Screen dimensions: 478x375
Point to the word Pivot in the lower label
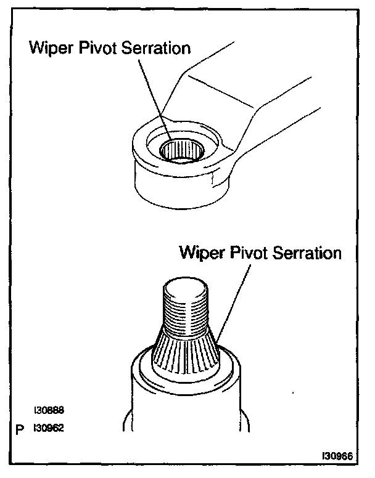[x=253, y=253]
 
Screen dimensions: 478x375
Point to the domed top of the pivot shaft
[x=187, y=287]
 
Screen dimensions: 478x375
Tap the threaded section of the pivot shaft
[x=187, y=311]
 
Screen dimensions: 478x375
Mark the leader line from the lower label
[x=234, y=296]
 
